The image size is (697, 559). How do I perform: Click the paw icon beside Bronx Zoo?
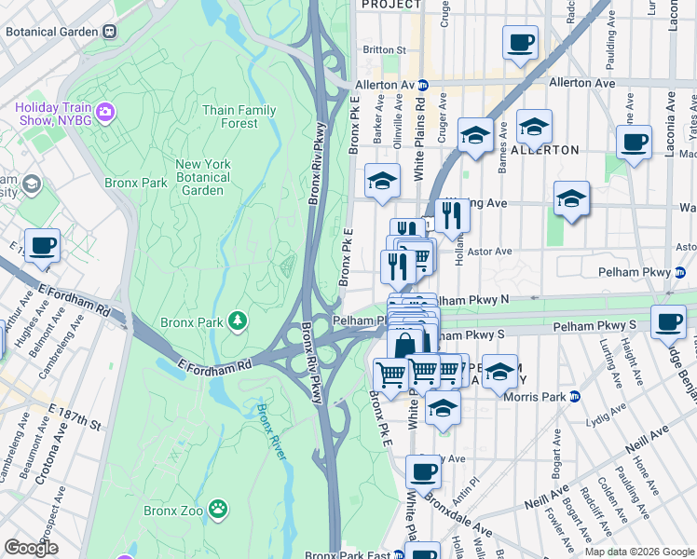(217, 510)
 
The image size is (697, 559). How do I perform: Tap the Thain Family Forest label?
(239, 116)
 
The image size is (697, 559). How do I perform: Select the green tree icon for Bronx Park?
(239, 321)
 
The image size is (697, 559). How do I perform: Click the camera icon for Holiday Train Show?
(104, 114)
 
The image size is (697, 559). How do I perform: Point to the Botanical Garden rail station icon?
(110, 31)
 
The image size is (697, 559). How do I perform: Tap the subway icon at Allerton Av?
(422, 84)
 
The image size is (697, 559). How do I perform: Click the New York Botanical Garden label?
(202, 177)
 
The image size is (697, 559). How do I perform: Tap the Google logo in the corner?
(31, 548)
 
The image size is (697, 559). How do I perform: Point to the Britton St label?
(385, 49)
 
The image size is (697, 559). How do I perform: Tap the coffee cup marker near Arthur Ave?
(42, 246)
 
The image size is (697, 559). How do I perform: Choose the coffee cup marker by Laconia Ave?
(634, 143)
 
